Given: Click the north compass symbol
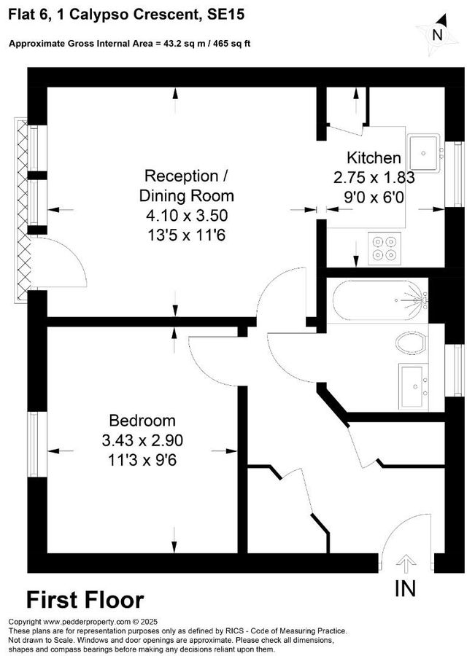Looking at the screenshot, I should click(x=436, y=34).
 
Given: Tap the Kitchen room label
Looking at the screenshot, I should click(x=373, y=158).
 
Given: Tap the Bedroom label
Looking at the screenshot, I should click(x=142, y=421).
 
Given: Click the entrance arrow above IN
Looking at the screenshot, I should click(x=406, y=563).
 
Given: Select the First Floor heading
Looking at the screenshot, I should click(x=85, y=600).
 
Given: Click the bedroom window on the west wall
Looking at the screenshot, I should click(x=34, y=436).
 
